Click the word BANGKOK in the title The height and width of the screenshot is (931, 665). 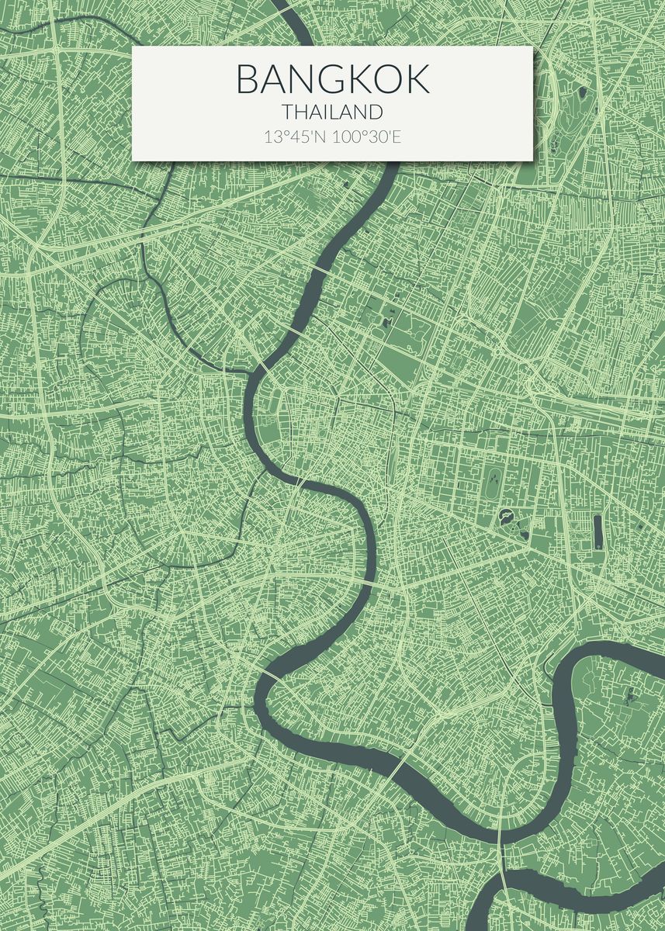tap(332, 79)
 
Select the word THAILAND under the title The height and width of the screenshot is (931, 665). tap(332, 112)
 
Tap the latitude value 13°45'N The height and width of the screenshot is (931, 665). tap(295, 137)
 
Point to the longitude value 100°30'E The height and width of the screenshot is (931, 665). tap(366, 137)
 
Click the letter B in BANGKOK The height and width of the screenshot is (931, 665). tap(248, 79)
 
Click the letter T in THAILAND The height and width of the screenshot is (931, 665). tap(287, 112)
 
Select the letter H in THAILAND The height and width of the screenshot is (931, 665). tap(300, 112)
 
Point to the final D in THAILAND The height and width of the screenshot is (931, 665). tap(376, 112)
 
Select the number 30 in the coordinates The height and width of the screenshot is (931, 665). tap(374, 137)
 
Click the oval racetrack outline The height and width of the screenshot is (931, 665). tap(492, 484)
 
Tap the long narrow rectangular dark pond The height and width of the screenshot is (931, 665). tap(597, 531)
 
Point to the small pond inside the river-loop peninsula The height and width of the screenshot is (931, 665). tap(629, 693)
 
